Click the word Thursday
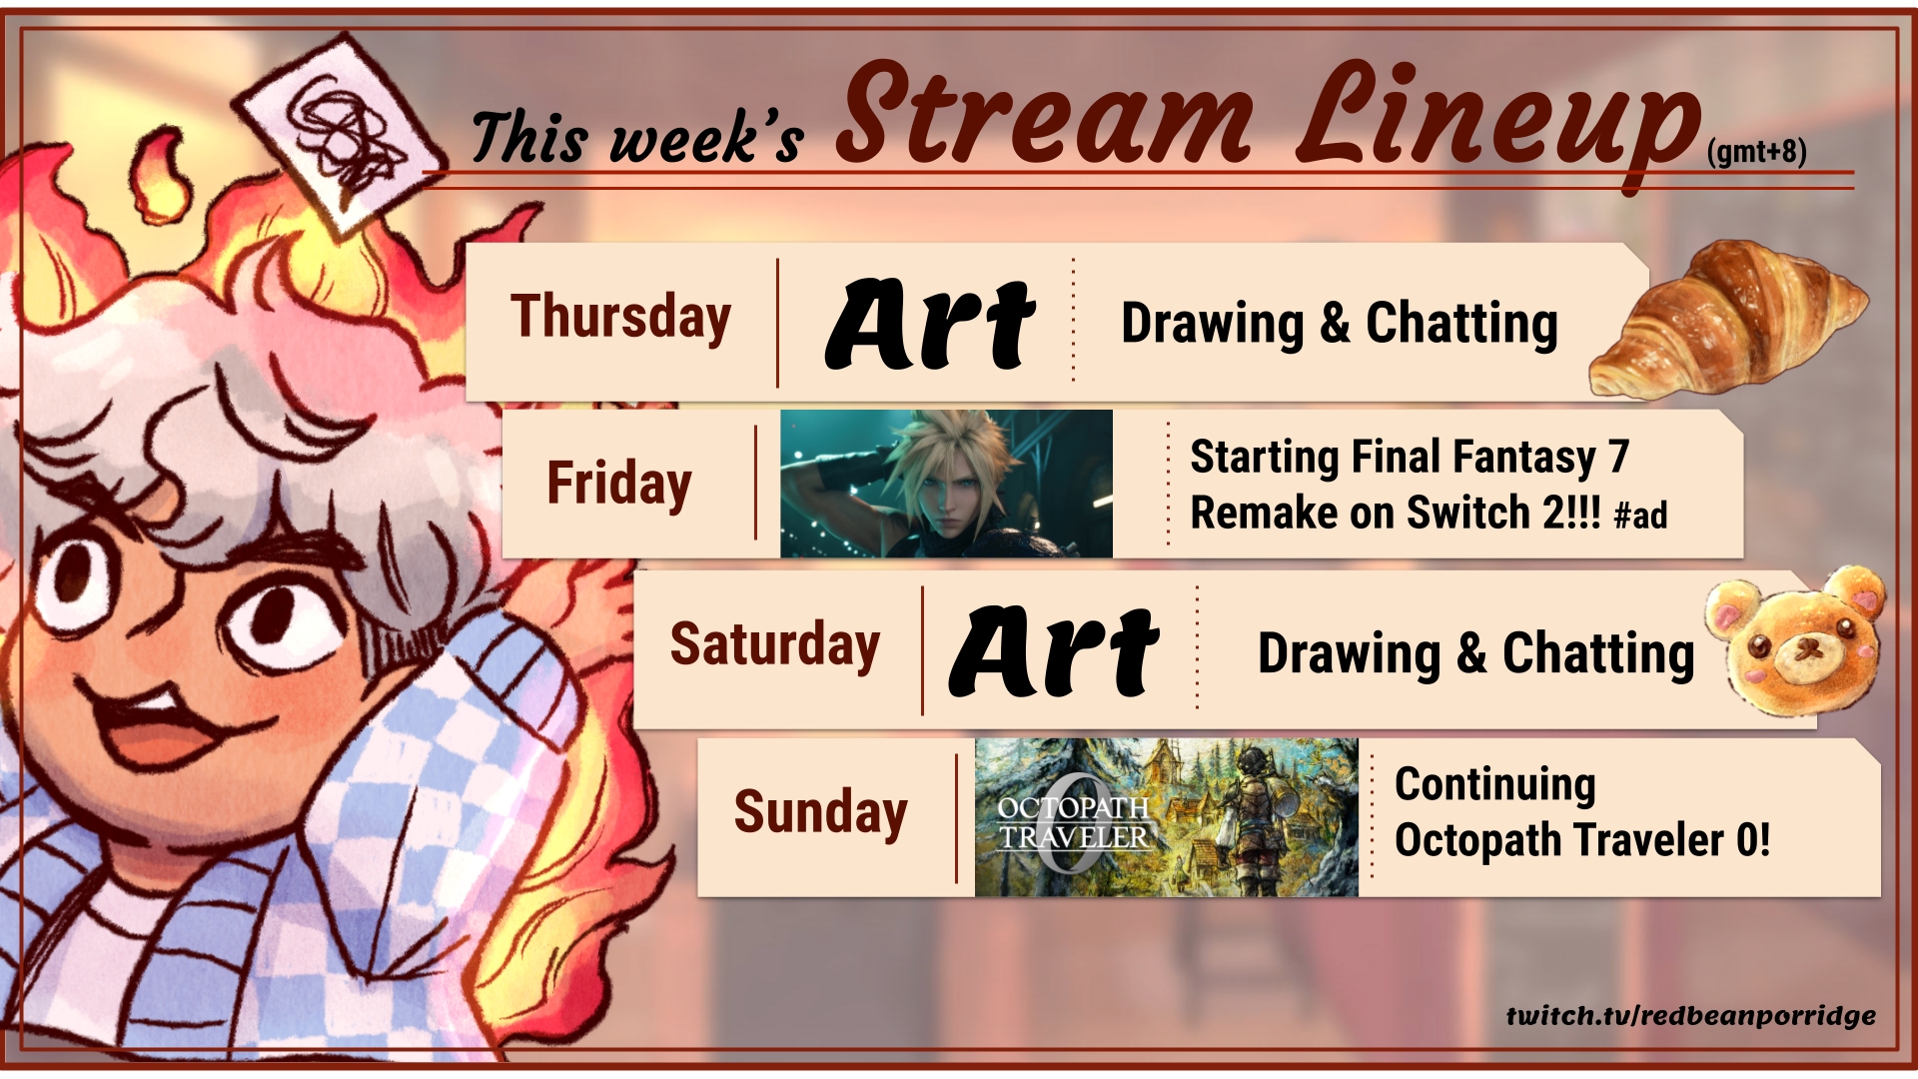[620, 319]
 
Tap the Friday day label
[619, 485]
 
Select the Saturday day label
[774, 644]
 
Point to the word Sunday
[820, 812]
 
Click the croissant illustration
[1728, 320]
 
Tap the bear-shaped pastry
[1797, 639]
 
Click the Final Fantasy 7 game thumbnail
[946, 484]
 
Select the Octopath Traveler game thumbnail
[1167, 817]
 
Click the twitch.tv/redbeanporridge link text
[1691, 1016]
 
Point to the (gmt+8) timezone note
[1757, 152]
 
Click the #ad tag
[1640, 516]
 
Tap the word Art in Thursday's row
[929, 324]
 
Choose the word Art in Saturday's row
[1053, 651]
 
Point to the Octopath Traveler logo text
[1074, 821]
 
